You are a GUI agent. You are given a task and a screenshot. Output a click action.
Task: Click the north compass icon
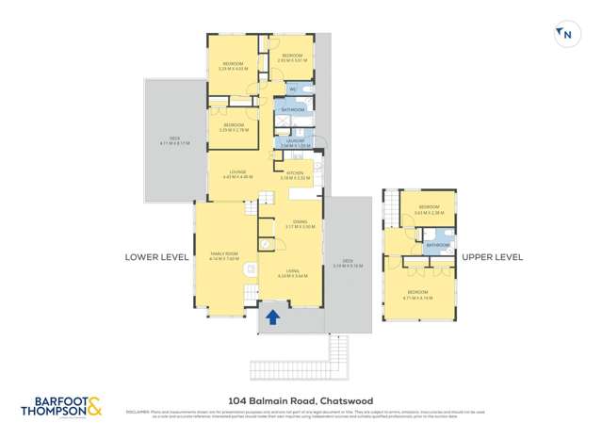tap(565, 35)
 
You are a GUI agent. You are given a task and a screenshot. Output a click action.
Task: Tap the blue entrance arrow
tap(274, 317)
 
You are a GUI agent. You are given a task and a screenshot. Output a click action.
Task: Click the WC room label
tap(293, 89)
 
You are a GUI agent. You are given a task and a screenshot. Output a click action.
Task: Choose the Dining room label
tap(299, 223)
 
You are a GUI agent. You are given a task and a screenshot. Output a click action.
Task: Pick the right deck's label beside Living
tap(348, 264)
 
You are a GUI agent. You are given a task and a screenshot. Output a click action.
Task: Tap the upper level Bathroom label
tap(436, 246)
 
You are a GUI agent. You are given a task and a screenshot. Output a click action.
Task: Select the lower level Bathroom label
tap(292, 110)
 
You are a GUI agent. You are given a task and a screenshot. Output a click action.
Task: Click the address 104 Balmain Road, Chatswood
tap(301, 398)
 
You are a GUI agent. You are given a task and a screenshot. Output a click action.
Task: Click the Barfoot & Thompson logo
tap(62, 407)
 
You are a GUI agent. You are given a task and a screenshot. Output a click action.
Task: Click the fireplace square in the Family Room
tap(249, 268)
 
